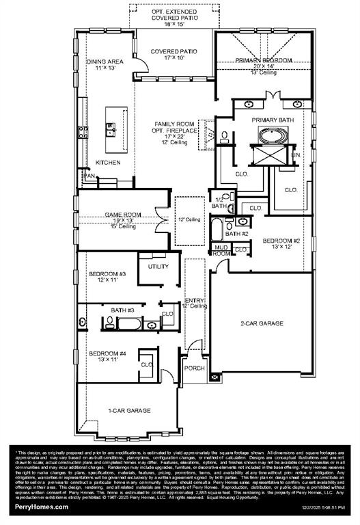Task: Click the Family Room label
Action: click(x=176, y=124)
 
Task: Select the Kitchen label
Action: click(x=109, y=163)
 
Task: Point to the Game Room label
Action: click(x=123, y=215)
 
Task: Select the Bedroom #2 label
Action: click(x=282, y=241)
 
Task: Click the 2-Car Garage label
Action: click(x=261, y=323)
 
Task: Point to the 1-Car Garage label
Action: click(x=129, y=410)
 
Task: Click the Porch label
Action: click(x=195, y=368)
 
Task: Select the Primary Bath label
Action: click(x=271, y=120)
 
